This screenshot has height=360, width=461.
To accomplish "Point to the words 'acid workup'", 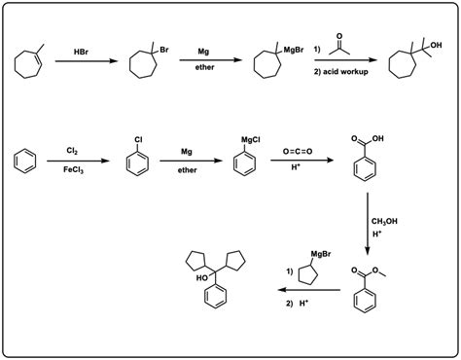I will point(345,75).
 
